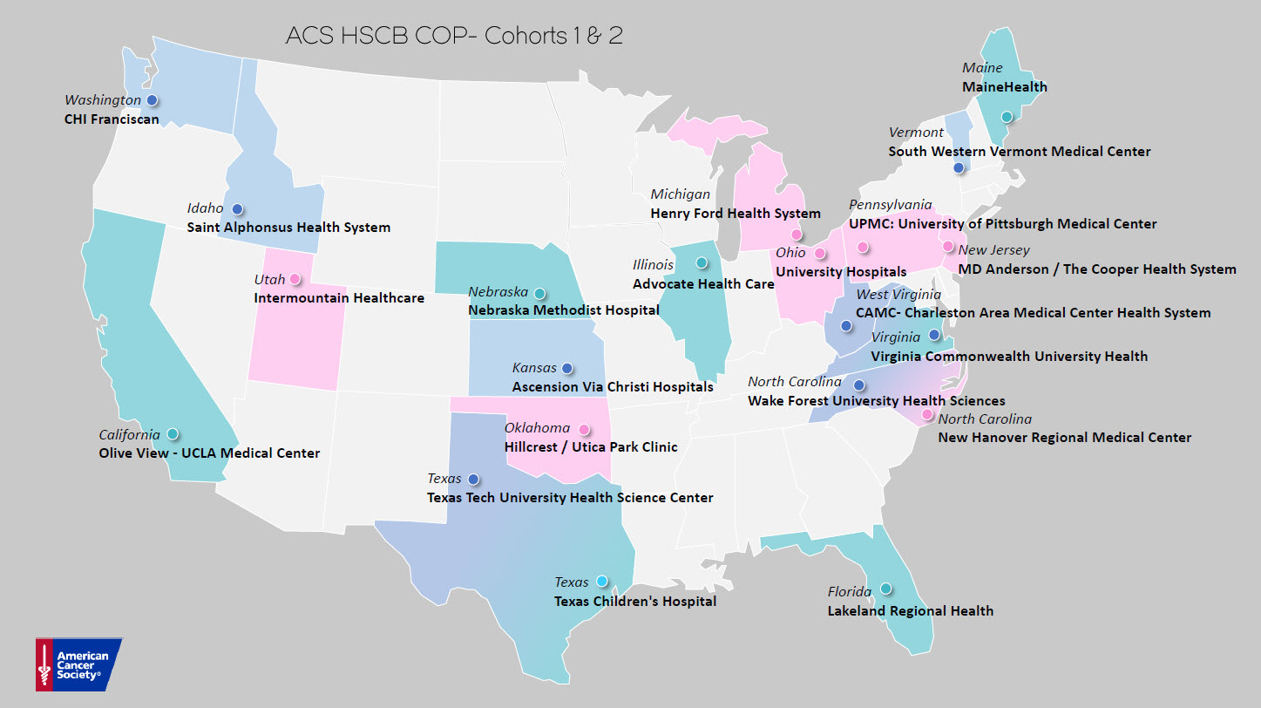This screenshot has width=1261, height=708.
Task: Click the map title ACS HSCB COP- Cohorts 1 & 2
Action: click(454, 37)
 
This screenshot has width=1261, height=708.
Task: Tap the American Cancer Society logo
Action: click(78, 664)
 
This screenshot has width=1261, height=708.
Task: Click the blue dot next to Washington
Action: click(152, 100)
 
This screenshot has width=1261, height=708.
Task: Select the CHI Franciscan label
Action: click(112, 119)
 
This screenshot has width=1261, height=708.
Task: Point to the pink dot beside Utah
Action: click(295, 279)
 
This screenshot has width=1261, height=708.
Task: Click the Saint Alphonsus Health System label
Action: click(288, 228)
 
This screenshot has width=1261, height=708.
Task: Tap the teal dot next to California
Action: click(173, 433)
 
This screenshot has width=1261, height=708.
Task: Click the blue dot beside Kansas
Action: click(567, 368)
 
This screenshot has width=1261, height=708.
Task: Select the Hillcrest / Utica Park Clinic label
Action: click(591, 447)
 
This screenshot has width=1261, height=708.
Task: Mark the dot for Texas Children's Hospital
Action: click(601, 581)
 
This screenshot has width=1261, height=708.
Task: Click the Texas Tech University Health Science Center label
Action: click(570, 498)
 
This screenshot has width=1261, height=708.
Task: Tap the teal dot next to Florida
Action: click(885, 589)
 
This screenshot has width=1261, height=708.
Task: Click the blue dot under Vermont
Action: click(959, 167)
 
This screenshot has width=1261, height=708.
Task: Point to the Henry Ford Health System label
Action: click(736, 214)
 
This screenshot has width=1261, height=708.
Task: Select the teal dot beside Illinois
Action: click(702, 262)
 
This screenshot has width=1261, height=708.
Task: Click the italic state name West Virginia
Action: click(898, 295)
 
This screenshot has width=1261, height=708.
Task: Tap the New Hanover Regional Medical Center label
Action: click(1064, 437)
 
